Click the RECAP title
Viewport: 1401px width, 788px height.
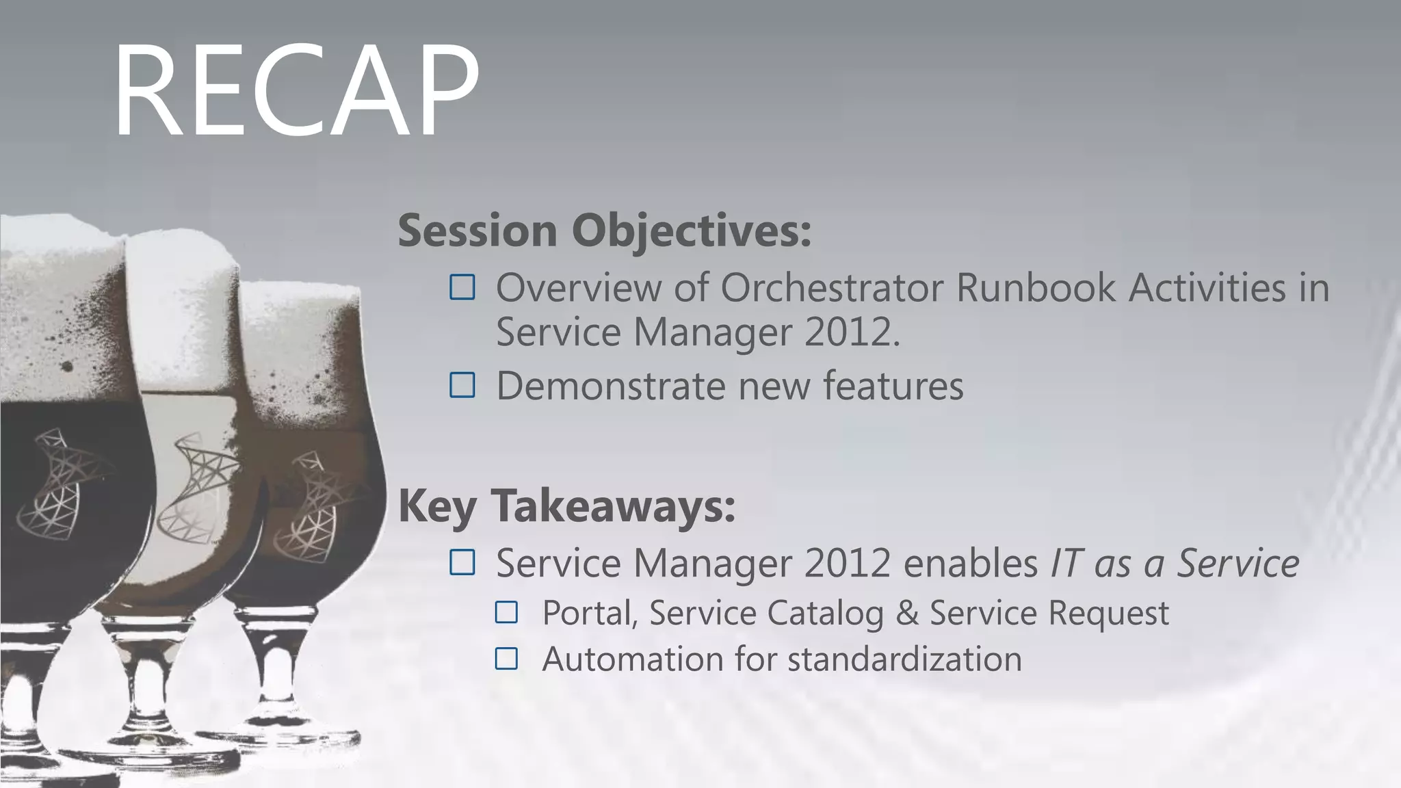coord(296,90)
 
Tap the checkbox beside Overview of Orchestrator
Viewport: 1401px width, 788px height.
coord(462,287)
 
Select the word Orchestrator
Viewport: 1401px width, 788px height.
coord(831,287)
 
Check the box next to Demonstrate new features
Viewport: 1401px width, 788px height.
coord(462,386)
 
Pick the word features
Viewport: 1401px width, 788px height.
coord(893,386)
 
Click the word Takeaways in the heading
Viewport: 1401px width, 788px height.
coord(613,506)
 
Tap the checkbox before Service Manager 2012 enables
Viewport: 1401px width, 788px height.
coord(462,562)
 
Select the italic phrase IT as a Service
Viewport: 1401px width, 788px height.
coord(1174,564)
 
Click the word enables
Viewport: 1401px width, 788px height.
coord(971,564)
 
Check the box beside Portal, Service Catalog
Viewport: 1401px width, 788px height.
coord(506,612)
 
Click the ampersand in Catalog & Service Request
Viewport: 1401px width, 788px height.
coord(906,613)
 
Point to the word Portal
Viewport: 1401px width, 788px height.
coord(588,613)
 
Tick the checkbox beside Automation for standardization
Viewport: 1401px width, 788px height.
coord(506,659)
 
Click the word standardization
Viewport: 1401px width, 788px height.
coord(904,659)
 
